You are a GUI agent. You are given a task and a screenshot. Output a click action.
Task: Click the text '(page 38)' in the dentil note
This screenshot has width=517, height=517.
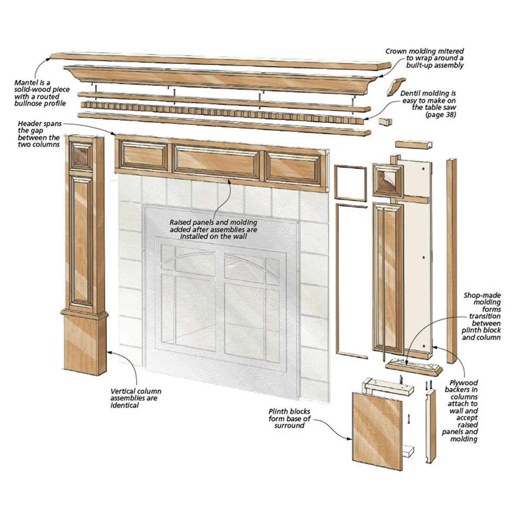pos(441,115)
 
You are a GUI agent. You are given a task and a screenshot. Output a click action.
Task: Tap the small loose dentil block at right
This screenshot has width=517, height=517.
pos(385,122)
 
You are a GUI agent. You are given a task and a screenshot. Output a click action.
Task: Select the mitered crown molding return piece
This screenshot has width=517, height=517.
pos(396,87)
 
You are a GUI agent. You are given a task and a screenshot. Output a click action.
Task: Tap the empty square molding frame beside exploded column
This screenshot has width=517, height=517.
pos(349,182)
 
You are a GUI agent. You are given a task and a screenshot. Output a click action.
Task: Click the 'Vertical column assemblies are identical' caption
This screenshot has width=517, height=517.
pos(136,398)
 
